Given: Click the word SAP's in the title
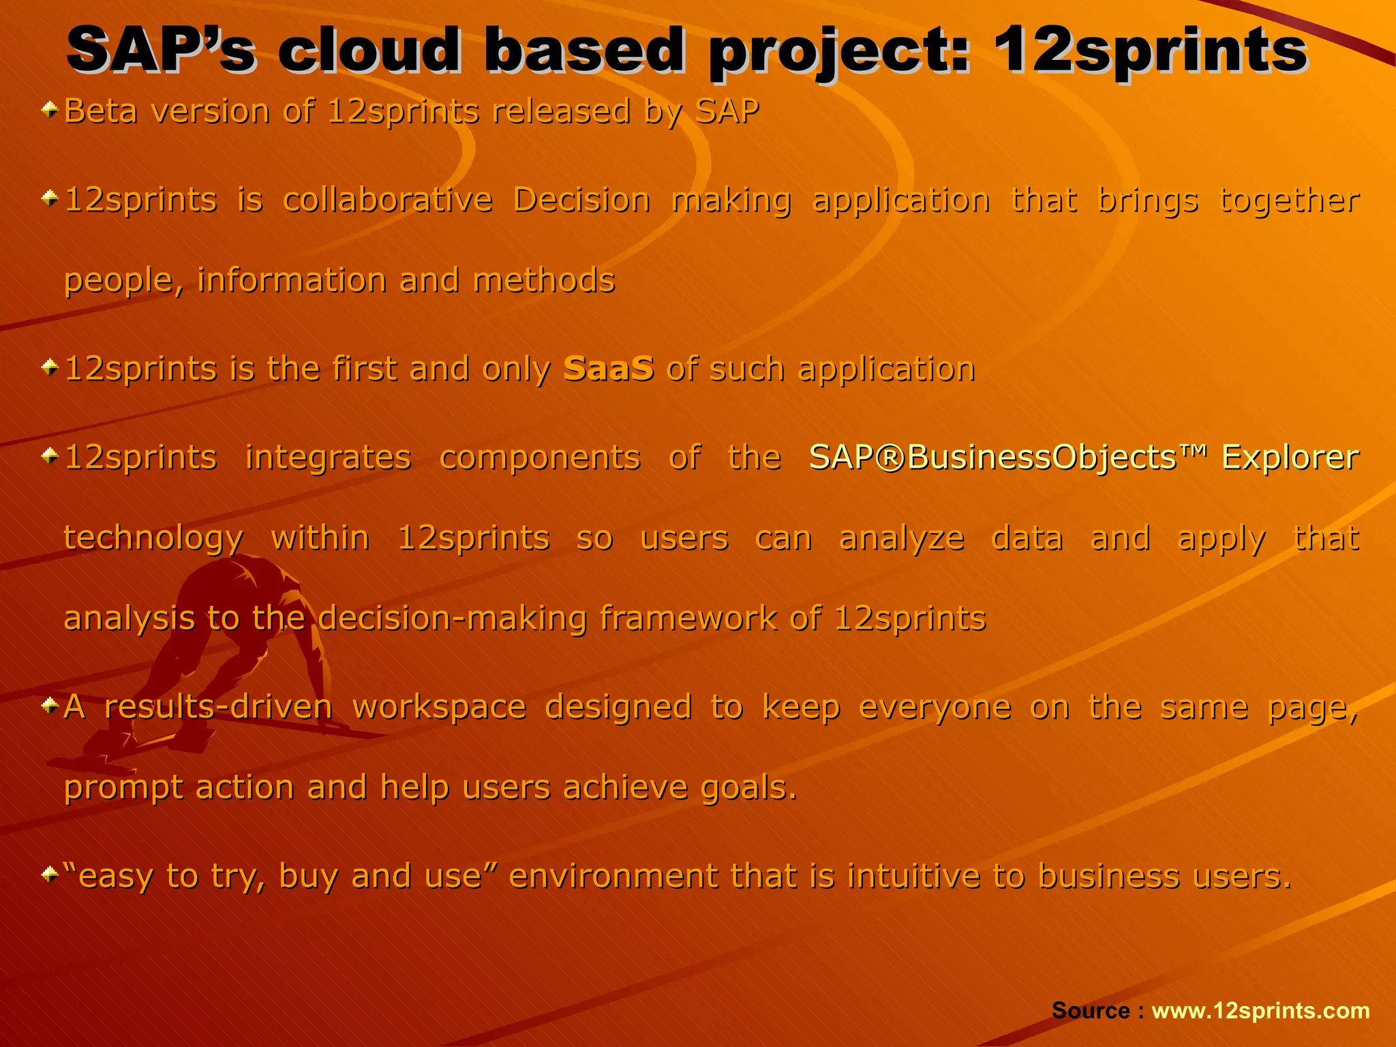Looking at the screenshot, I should [161, 50].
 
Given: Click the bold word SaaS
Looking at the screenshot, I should [609, 369].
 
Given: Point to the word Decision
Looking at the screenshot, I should [581, 200].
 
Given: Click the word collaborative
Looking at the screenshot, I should [387, 200].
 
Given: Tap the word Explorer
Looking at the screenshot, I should [1290, 457].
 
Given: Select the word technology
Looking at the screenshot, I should [153, 538].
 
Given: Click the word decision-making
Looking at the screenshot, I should [452, 618].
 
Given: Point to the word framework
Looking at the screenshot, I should [687, 618].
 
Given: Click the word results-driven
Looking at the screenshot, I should [218, 707].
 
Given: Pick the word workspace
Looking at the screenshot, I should [439, 707].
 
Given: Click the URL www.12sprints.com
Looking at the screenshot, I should [1260, 1010].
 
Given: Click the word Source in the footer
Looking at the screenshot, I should [1091, 1010].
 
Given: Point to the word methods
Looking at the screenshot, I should [544, 281].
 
